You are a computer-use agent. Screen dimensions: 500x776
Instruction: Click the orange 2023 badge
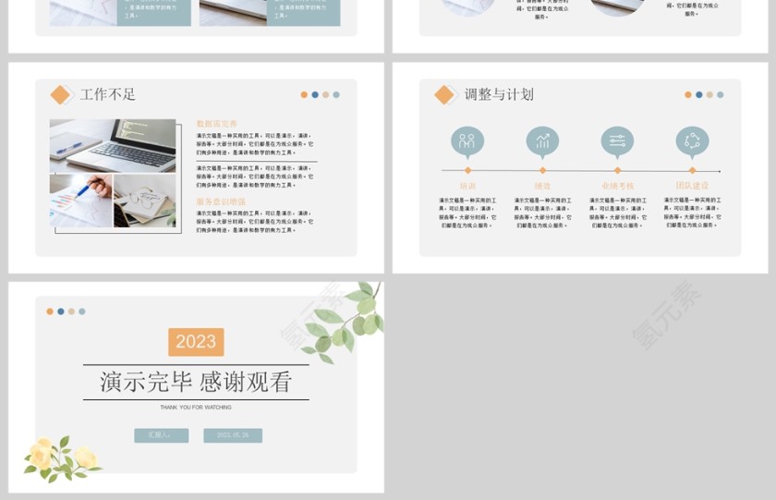point(196,342)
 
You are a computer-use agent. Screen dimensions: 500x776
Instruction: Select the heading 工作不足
point(108,94)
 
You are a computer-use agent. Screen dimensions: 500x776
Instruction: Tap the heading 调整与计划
point(499,94)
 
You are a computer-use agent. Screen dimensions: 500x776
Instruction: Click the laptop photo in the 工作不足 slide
point(113,145)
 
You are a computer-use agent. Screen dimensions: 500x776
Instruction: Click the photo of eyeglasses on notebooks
point(145,201)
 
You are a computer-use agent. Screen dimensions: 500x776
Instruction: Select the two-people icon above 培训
point(467,141)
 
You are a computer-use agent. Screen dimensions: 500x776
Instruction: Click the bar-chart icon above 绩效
point(542,141)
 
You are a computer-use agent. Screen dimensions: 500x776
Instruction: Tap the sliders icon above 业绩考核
point(617,141)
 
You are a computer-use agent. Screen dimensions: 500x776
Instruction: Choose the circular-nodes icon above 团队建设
point(692,141)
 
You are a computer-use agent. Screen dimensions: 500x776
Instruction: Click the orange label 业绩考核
point(617,186)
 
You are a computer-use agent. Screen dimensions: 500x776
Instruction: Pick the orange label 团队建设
point(692,186)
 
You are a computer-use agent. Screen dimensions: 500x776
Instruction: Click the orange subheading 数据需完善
point(216,123)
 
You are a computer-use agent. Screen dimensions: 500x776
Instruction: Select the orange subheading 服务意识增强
point(220,201)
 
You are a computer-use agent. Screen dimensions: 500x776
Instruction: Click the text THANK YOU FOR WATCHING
point(196,407)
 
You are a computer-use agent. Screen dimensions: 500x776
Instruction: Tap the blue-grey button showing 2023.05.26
point(233,435)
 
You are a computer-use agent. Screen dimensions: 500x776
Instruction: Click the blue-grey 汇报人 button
point(161,435)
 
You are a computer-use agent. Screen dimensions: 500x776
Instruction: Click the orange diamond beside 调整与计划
point(444,94)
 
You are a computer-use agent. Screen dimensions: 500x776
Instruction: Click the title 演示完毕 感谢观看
point(196,381)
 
